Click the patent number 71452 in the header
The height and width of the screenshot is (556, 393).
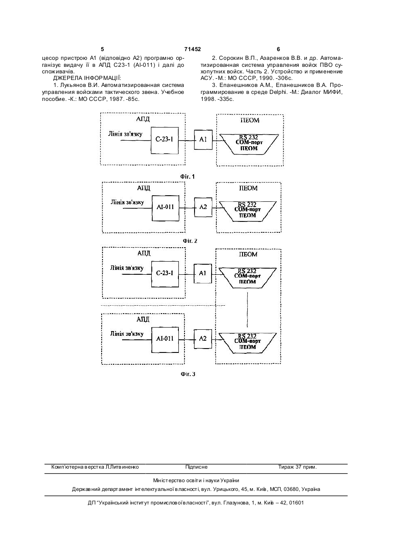tap(193, 49)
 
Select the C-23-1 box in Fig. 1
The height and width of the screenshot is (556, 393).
tap(164, 141)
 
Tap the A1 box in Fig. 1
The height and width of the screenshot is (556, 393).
tap(203, 140)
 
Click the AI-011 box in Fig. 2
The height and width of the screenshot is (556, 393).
tap(165, 208)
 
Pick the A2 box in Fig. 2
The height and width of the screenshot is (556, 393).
tap(203, 207)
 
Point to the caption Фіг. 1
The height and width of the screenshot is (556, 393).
tap(188, 177)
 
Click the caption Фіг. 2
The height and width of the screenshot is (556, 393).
tap(190, 241)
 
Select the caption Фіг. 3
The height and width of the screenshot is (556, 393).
tap(188, 374)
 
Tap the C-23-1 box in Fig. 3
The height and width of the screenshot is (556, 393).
tap(165, 274)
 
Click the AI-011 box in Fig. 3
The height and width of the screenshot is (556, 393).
tap(165, 340)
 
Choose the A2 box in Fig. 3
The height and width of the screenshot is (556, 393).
tap(203, 339)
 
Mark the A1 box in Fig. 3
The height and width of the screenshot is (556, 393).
tap(203, 273)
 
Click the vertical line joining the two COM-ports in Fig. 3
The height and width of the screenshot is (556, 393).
tap(247, 309)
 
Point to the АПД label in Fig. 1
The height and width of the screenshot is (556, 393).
tap(143, 119)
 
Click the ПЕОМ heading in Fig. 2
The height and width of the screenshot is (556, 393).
tap(248, 188)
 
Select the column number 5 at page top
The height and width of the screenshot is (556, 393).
tap(103, 49)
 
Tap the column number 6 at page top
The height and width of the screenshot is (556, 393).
tap(278, 49)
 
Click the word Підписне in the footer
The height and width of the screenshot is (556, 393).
tap(196, 467)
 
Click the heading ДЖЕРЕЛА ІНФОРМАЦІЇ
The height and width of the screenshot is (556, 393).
tap(87, 79)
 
